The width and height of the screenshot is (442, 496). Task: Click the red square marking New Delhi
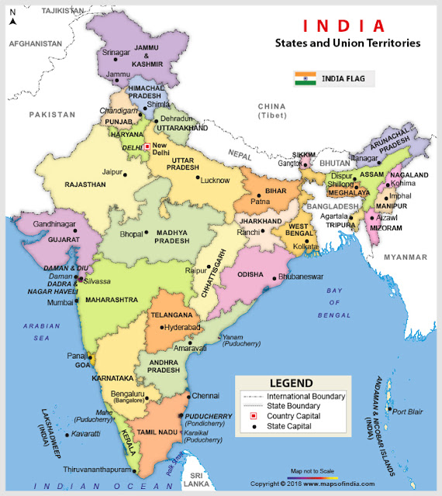(147, 146)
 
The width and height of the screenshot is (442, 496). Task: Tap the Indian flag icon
(306, 78)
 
